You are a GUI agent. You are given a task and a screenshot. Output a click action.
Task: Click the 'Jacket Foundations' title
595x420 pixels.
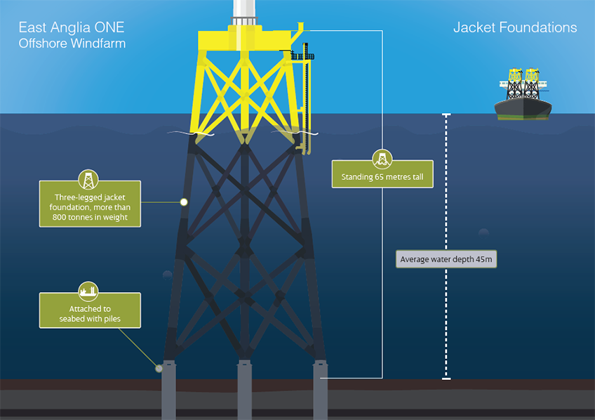(515, 28)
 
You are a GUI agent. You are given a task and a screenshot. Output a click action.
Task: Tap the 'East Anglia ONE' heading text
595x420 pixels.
(72, 28)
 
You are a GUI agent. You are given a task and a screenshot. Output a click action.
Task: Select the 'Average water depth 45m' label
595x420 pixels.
(446, 259)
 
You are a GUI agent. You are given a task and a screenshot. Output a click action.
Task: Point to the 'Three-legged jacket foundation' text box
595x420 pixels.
(91, 204)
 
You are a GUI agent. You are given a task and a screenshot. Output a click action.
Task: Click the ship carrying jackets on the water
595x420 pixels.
(523, 98)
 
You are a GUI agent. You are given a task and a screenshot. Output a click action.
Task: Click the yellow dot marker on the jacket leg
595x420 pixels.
(184, 202)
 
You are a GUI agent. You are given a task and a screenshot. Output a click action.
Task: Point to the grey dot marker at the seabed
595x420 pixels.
(159, 368)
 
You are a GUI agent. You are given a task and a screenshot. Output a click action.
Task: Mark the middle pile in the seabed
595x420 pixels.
(244, 390)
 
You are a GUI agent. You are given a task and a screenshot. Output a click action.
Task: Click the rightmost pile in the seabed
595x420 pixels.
(321, 390)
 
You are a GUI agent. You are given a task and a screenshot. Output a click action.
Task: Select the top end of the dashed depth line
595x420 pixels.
(446, 114)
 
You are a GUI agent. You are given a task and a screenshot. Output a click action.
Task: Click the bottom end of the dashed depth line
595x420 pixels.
(446, 378)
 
